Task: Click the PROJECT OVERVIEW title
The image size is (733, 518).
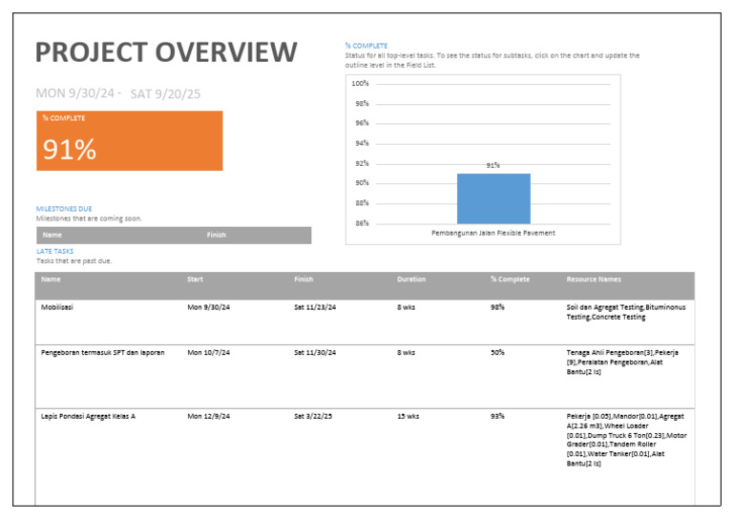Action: tap(166, 52)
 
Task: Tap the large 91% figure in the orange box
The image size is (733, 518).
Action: tap(70, 149)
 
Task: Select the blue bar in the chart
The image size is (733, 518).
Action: tap(492, 198)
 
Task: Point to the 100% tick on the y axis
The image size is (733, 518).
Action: tap(360, 84)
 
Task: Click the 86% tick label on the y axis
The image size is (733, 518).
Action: tap(361, 223)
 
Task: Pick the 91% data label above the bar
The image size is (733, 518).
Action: tap(492, 166)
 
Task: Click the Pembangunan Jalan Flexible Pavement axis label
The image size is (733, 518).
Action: tap(492, 233)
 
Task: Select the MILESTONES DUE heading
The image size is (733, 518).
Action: tap(64, 208)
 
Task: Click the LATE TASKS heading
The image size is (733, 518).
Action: tap(55, 251)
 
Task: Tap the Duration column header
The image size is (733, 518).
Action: tap(411, 280)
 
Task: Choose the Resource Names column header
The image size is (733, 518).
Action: tap(593, 280)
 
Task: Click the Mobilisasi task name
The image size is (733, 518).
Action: tap(57, 307)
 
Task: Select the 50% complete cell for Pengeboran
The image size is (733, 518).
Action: tap(497, 352)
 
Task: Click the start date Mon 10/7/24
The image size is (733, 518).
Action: tap(208, 352)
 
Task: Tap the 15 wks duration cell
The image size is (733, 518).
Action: tap(408, 416)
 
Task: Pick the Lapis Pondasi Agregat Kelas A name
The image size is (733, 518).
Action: tap(88, 416)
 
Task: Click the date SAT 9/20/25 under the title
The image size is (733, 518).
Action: tap(165, 93)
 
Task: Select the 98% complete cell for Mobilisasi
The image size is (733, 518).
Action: tap(497, 307)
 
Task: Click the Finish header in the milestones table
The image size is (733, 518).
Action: tap(217, 235)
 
